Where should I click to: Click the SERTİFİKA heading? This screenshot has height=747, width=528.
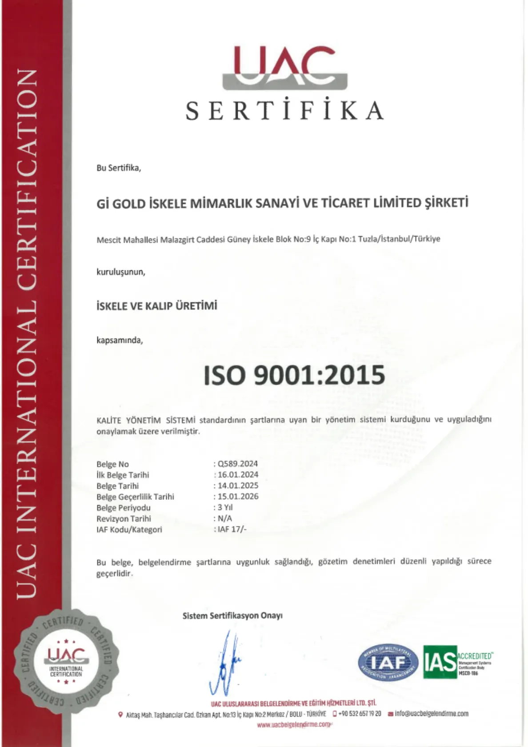click(x=284, y=111)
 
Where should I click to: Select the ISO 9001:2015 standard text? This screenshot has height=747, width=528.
click(x=294, y=375)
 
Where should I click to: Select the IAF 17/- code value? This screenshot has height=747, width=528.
click(x=232, y=529)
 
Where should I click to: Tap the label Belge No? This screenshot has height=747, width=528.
click(x=112, y=464)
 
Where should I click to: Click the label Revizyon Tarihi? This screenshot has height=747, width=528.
click(x=124, y=518)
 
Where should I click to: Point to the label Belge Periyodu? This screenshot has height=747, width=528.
click(x=123, y=508)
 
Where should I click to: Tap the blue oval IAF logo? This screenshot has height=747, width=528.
click(x=388, y=663)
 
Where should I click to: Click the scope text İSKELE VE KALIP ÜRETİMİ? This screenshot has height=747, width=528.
click(x=156, y=306)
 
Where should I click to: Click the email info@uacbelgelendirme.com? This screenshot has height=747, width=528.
click(x=431, y=714)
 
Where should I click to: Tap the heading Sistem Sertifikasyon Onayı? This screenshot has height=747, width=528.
click(x=232, y=616)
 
